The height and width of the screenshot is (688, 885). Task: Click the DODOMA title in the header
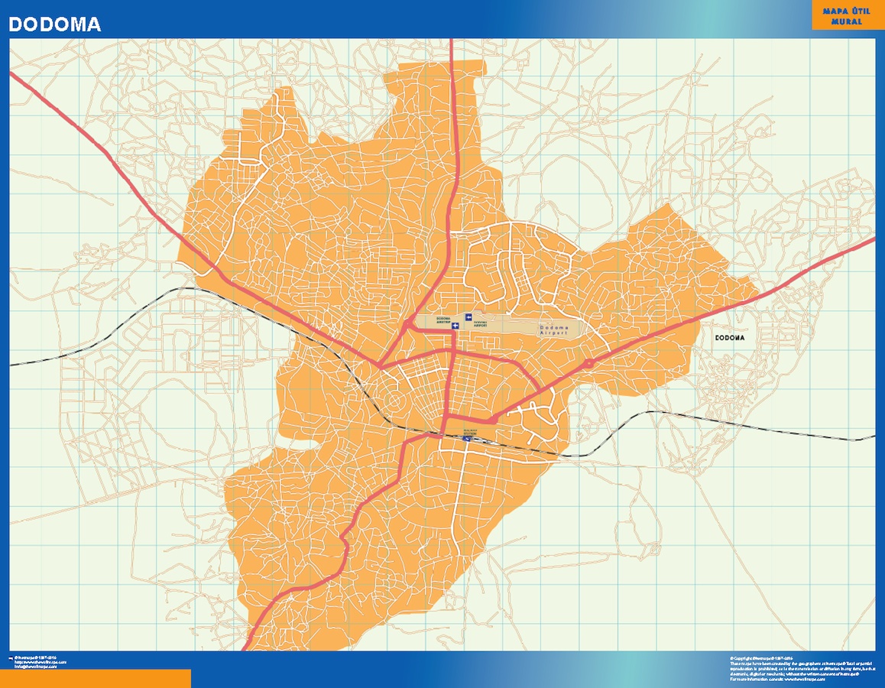[54, 24]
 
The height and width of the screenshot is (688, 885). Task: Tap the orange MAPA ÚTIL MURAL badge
[846, 15]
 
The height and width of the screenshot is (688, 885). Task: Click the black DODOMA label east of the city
[729, 338]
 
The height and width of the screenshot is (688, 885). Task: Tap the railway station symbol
[468, 439]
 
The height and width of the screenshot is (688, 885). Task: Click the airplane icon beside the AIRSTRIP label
[455, 326]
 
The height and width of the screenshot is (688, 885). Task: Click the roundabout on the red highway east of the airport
[588, 364]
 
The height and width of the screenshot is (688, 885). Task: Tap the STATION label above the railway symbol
[468, 431]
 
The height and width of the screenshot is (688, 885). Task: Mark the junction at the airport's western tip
[411, 326]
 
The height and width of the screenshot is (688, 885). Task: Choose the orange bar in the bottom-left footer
[96, 679]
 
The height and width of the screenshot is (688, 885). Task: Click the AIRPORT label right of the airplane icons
[481, 323]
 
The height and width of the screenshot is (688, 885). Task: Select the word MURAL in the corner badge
[846, 21]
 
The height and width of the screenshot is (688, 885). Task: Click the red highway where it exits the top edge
[452, 41]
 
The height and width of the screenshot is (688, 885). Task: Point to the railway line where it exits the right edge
[873, 438]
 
